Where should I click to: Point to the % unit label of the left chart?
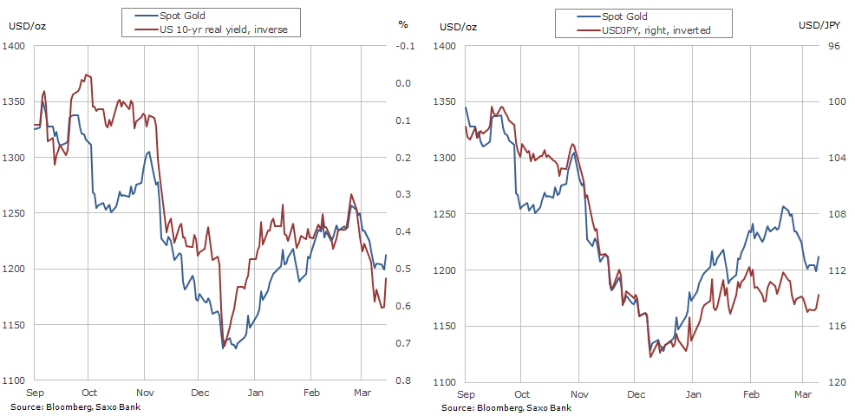click(x=402, y=23)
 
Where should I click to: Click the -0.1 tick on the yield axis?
click(x=404, y=46)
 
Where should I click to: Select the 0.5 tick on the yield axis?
click(x=404, y=270)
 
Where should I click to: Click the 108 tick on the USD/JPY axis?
click(x=813, y=214)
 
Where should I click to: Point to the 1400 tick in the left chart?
click(x=17, y=46)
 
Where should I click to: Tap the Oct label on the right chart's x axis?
click(x=522, y=393)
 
